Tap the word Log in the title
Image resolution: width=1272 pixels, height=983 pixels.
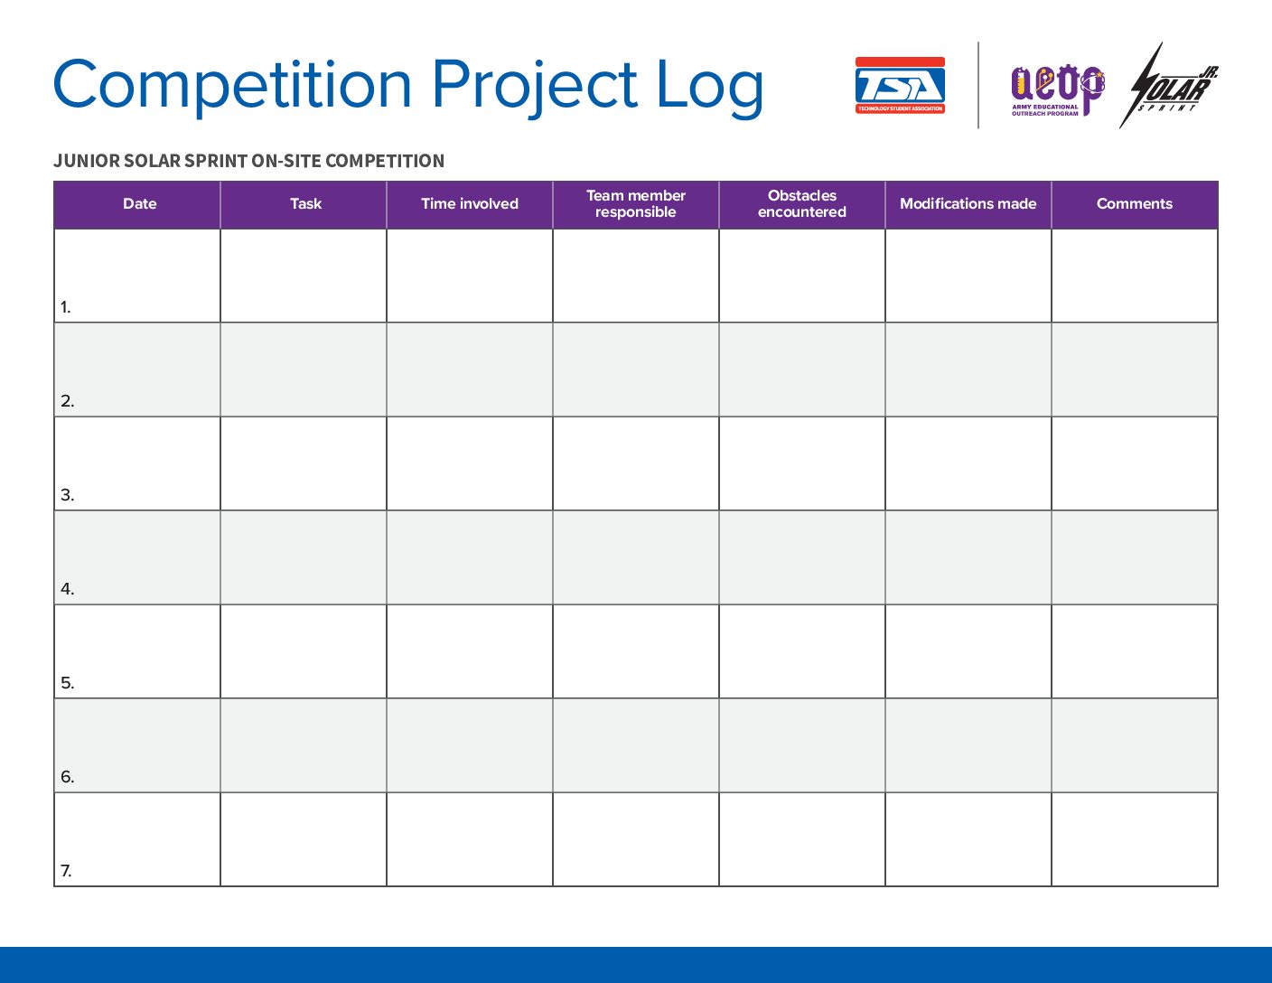(x=710, y=88)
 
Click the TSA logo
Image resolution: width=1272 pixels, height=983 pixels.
(x=900, y=85)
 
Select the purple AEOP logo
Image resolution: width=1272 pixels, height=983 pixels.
(x=1058, y=90)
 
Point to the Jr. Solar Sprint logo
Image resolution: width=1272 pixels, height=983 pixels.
(x=1168, y=86)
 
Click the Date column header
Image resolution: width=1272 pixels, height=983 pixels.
(x=139, y=204)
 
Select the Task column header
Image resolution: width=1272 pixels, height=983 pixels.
(x=305, y=204)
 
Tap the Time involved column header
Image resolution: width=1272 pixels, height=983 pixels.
(x=470, y=204)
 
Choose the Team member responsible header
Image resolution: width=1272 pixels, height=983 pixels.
(x=636, y=204)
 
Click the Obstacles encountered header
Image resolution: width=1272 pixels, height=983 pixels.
(x=802, y=204)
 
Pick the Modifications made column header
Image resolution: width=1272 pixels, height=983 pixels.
(x=968, y=204)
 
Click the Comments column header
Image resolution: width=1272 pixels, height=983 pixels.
(x=1135, y=204)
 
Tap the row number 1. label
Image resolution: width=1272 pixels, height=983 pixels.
(x=66, y=307)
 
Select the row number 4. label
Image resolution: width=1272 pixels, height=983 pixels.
(x=68, y=589)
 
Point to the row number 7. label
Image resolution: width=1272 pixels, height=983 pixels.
(x=66, y=871)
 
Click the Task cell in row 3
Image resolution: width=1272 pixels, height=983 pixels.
(x=304, y=463)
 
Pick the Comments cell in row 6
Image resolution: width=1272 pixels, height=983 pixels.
(x=1135, y=745)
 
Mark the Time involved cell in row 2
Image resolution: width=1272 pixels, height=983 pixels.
(x=470, y=370)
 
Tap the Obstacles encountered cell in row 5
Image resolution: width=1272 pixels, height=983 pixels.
(x=802, y=651)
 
